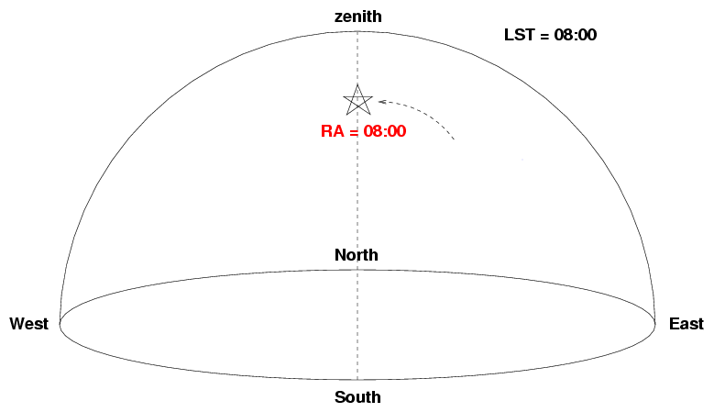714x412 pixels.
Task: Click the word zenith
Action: [357, 17]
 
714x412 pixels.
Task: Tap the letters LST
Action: [520, 35]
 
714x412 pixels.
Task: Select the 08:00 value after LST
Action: [575, 35]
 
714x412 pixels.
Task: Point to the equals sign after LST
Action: [544, 35]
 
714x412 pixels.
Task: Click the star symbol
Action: [357, 100]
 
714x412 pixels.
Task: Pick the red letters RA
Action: [333, 131]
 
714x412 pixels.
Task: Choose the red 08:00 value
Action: [385, 131]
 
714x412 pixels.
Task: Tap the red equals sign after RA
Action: [354, 132]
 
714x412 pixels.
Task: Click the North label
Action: [357, 255]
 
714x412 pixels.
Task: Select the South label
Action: [357, 397]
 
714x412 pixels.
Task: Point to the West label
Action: [28, 324]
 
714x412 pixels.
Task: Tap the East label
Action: [687, 324]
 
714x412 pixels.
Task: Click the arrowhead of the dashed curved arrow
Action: [380, 102]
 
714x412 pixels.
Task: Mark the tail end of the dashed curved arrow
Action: [454, 139]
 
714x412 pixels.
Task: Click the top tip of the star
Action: [357, 84]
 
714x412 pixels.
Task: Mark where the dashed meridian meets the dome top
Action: [357, 31]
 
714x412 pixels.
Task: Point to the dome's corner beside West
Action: [60, 324]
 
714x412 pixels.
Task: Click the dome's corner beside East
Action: [655, 324]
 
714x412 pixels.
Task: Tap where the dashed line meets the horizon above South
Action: [357, 379]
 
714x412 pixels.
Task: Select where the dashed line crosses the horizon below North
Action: [357, 270]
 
